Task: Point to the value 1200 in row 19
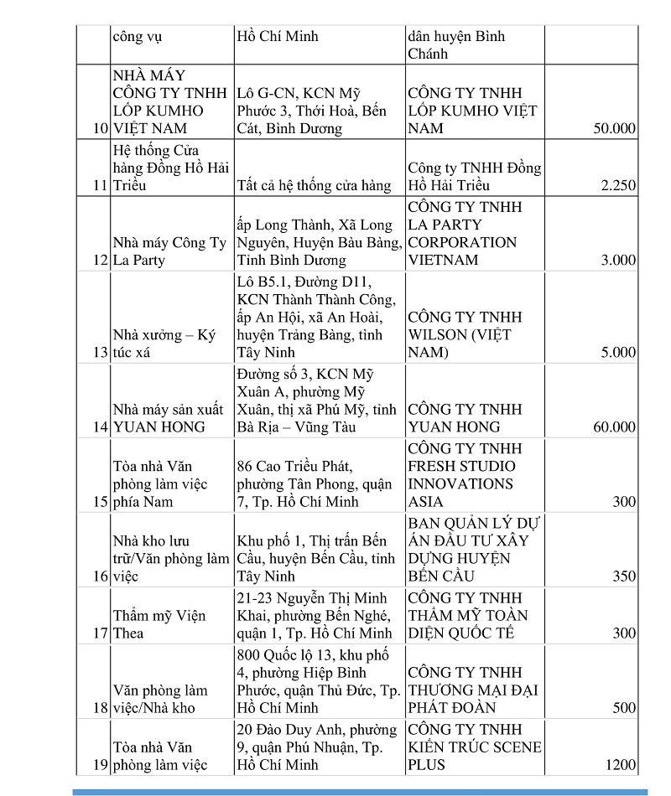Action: tap(619, 765)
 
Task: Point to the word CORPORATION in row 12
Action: tap(462, 243)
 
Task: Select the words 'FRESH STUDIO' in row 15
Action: tap(461, 467)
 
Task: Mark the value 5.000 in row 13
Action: tap(618, 353)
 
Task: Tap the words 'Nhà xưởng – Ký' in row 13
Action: tap(164, 335)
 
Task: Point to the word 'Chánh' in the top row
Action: tap(428, 54)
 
